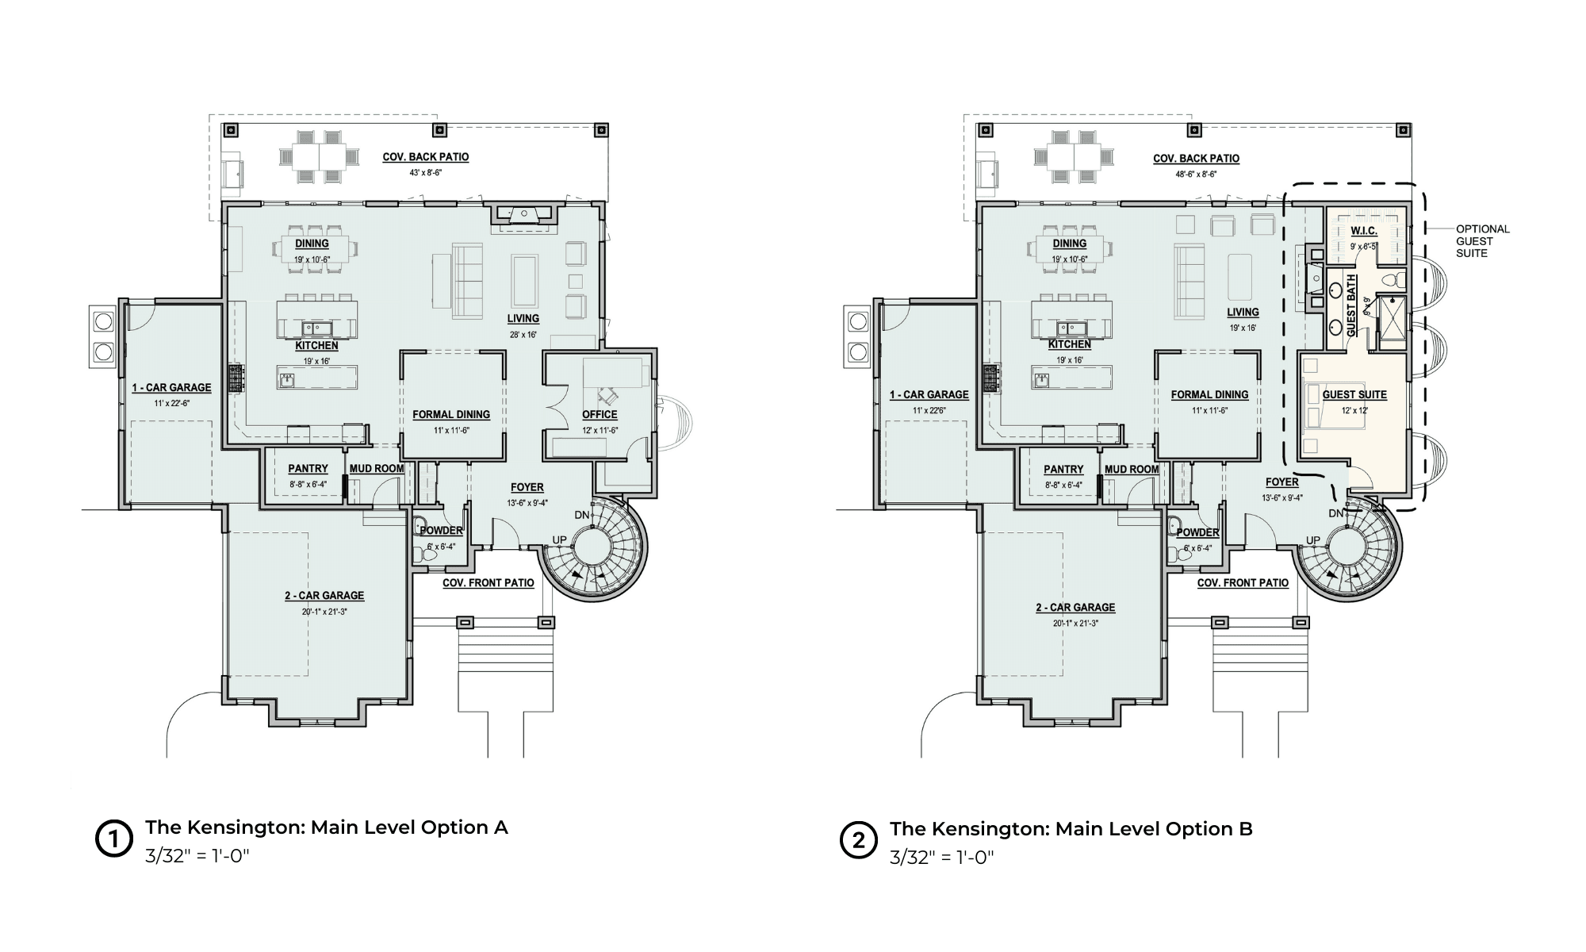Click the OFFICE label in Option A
point(600,414)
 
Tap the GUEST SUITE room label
point(1354,394)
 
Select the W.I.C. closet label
point(1364,231)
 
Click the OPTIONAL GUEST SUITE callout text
point(1482,241)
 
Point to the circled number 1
point(113,839)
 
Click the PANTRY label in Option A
point(308,469)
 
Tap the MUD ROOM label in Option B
point(1132,469)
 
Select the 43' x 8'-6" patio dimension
point(426,172)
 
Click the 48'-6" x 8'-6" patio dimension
point(1196,174)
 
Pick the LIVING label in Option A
point(523,318)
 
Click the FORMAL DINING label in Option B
point(1209,394)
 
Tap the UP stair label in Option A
point(559,540)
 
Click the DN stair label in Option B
point(1336,513)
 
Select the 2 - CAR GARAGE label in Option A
point(324,595)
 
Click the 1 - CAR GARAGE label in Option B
point(929,394)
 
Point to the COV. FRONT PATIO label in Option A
point(488,582)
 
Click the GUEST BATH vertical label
point(1351,305)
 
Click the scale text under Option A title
point(197,856)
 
